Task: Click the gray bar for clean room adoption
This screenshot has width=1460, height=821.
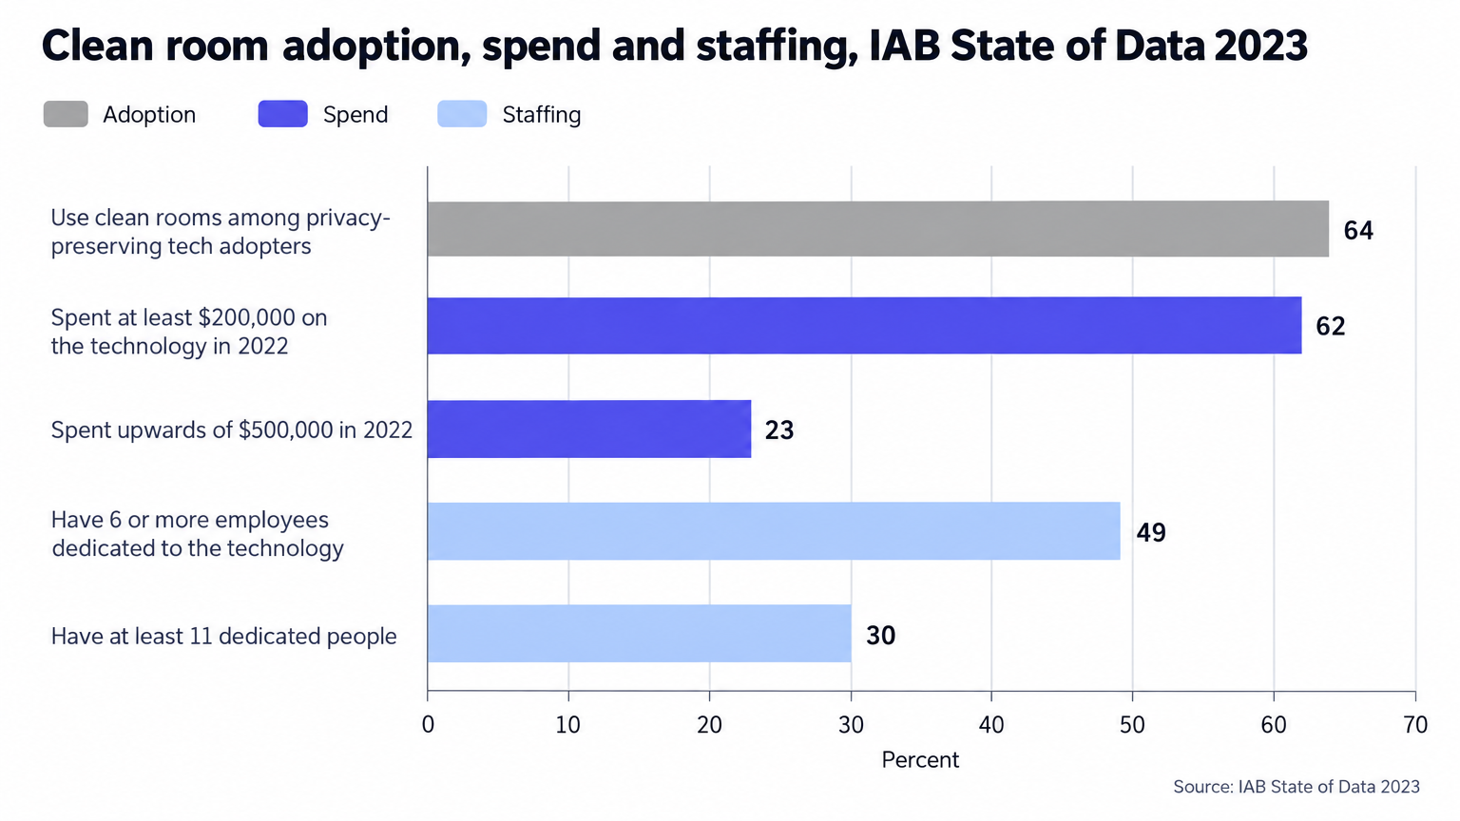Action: point(878,229)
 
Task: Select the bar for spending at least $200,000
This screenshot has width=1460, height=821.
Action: point(864,326)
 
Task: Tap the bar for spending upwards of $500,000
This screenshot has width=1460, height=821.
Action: point(589,429)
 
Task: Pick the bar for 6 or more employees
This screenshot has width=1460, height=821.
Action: point(774,531)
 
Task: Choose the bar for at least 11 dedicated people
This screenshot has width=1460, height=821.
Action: point(640,634)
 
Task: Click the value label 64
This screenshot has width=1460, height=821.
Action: point(1358,231)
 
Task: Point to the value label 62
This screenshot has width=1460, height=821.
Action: point(1331,327)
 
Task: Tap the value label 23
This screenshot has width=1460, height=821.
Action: point(778,430)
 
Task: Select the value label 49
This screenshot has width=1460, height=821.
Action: point(1151,532)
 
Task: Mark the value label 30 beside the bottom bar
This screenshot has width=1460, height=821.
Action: point(880,636)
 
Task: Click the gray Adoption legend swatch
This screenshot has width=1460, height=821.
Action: point(66,114)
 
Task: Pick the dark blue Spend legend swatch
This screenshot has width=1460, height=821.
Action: point(283,114)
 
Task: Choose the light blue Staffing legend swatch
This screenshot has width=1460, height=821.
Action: point(462,114)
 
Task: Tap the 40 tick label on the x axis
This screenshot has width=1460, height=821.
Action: point(991,725)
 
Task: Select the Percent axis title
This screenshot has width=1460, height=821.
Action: point(920,760)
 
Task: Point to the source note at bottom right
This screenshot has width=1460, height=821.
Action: point(1297,787)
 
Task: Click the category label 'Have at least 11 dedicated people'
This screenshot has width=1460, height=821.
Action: point(223,636)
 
